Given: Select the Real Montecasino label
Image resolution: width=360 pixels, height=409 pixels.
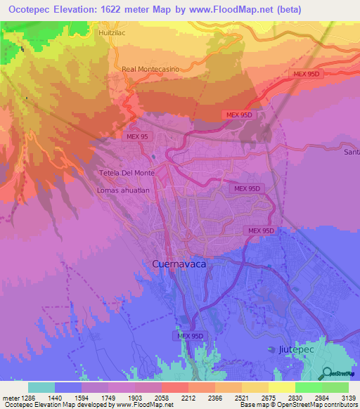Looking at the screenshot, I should [x=147, y=70].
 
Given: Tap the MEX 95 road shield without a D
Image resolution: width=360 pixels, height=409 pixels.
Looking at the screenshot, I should [x=138, y=137].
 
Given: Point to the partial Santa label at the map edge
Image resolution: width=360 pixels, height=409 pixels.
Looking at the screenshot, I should [x=352, y=152].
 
